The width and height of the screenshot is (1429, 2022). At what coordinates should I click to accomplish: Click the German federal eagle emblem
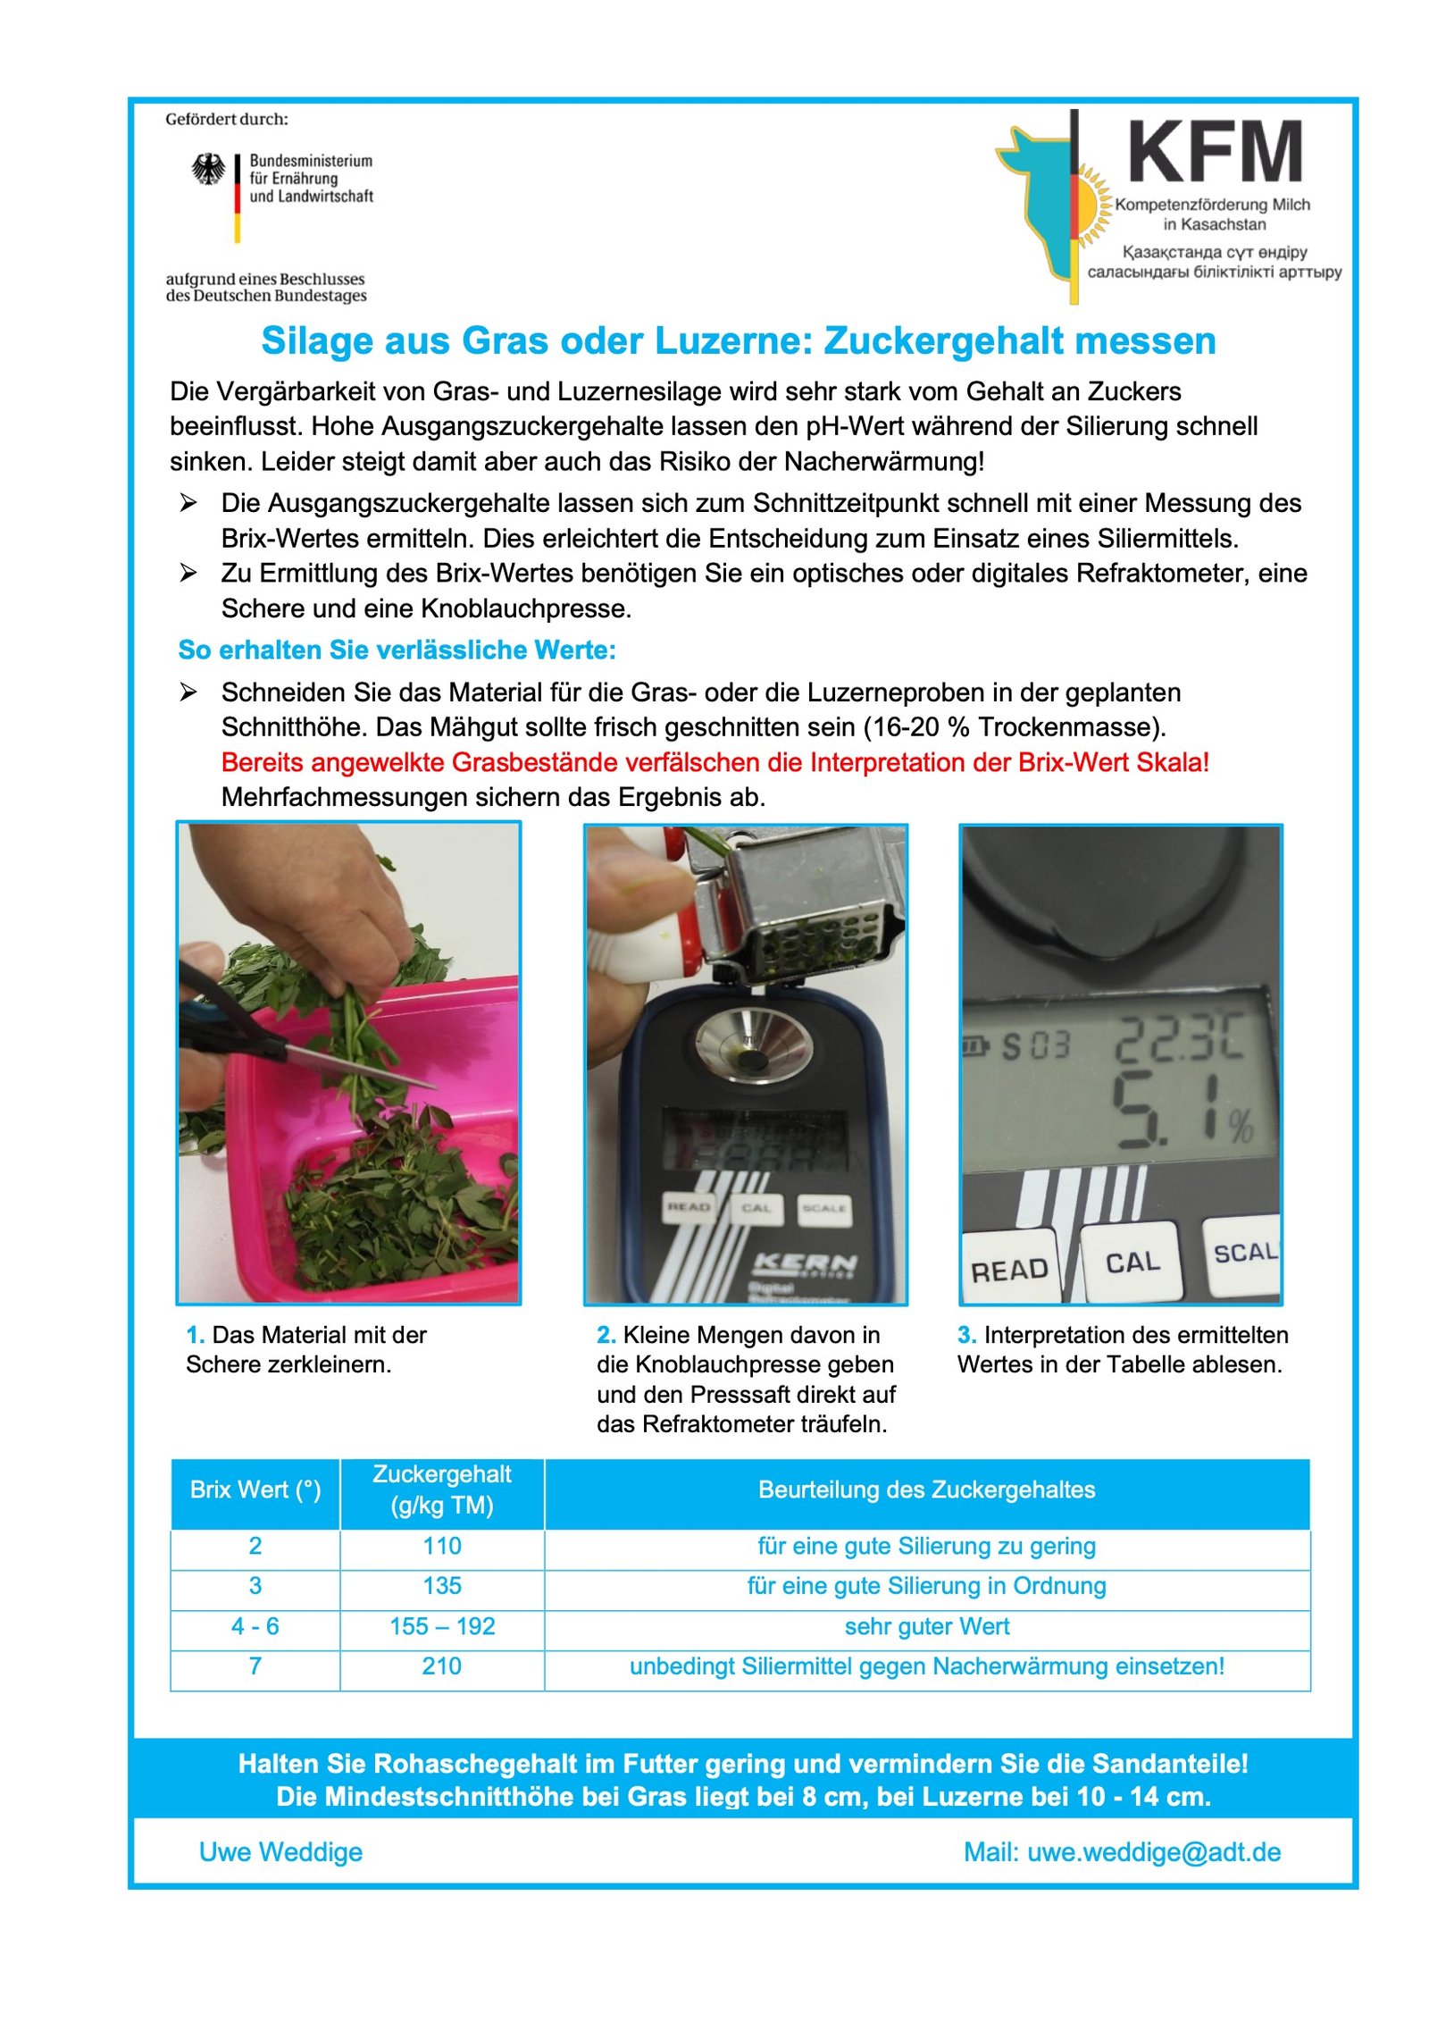[208, 169]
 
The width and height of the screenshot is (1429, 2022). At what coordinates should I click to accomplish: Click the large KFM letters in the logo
[1214, 152]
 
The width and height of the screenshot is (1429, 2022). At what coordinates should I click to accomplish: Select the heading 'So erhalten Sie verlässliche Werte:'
[397, 650]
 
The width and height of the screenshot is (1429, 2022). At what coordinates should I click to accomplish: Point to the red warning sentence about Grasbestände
[714, 762]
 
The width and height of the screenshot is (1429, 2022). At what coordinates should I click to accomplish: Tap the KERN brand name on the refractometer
[805, 1263]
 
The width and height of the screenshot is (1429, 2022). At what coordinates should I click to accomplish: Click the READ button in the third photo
[1008, 1270]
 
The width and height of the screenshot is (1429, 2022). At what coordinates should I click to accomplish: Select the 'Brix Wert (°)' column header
[255, 1489]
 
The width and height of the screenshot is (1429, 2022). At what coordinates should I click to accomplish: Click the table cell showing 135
[441, 1586]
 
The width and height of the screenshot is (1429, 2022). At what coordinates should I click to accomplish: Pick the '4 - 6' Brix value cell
[255, 1626]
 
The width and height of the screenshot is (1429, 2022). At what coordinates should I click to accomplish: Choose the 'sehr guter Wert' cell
[926, 1626]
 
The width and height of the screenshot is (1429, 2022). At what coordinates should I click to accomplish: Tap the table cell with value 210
[441, 1666]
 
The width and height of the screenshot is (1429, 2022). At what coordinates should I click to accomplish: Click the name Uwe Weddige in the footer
[280, 1852]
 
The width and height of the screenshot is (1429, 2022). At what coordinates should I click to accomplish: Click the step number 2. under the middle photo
[606, 1335]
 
